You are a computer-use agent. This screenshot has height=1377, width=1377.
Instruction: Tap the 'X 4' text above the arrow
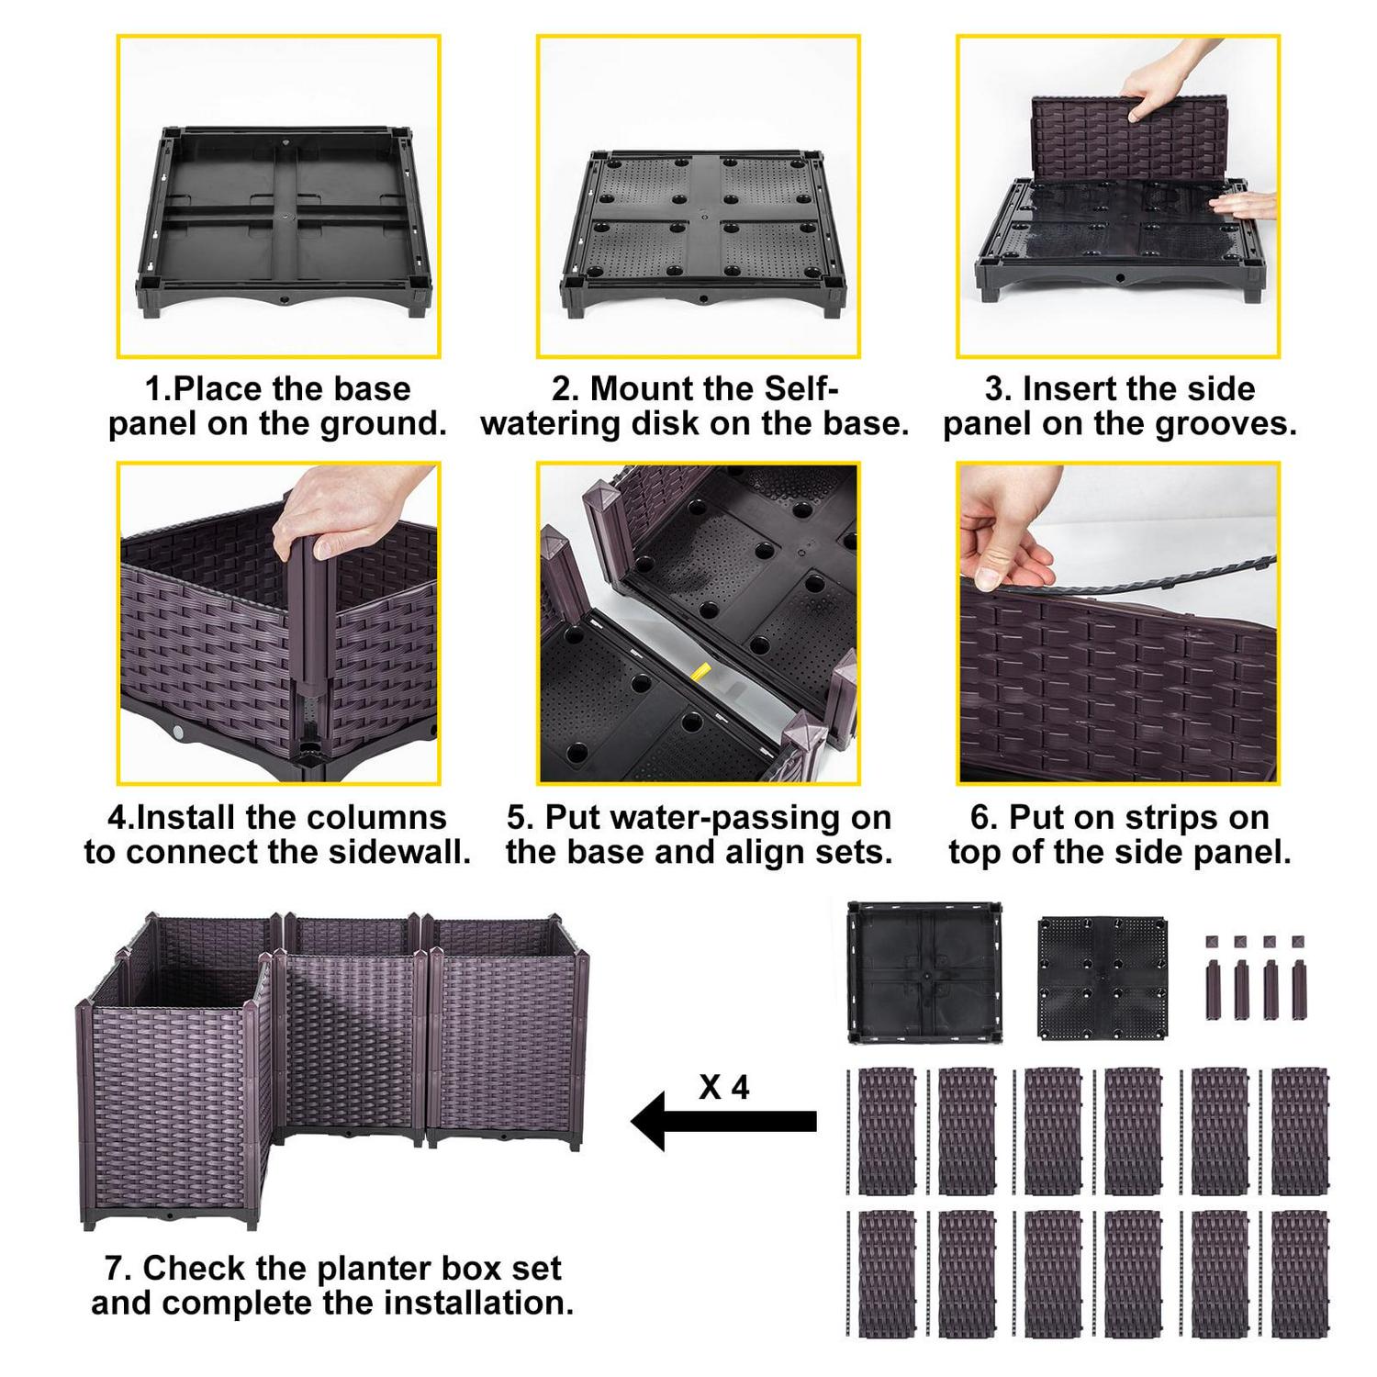[x=723, y=1087]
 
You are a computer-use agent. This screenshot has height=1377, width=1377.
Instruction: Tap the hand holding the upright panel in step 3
[x=1157, y=95]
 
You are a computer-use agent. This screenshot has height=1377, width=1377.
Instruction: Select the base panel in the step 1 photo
[x=285, y=220]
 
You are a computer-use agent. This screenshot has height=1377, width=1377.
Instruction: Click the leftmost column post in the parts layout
[x=1212, y=990]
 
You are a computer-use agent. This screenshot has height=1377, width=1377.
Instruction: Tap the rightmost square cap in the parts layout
[x=1298, y=942]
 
